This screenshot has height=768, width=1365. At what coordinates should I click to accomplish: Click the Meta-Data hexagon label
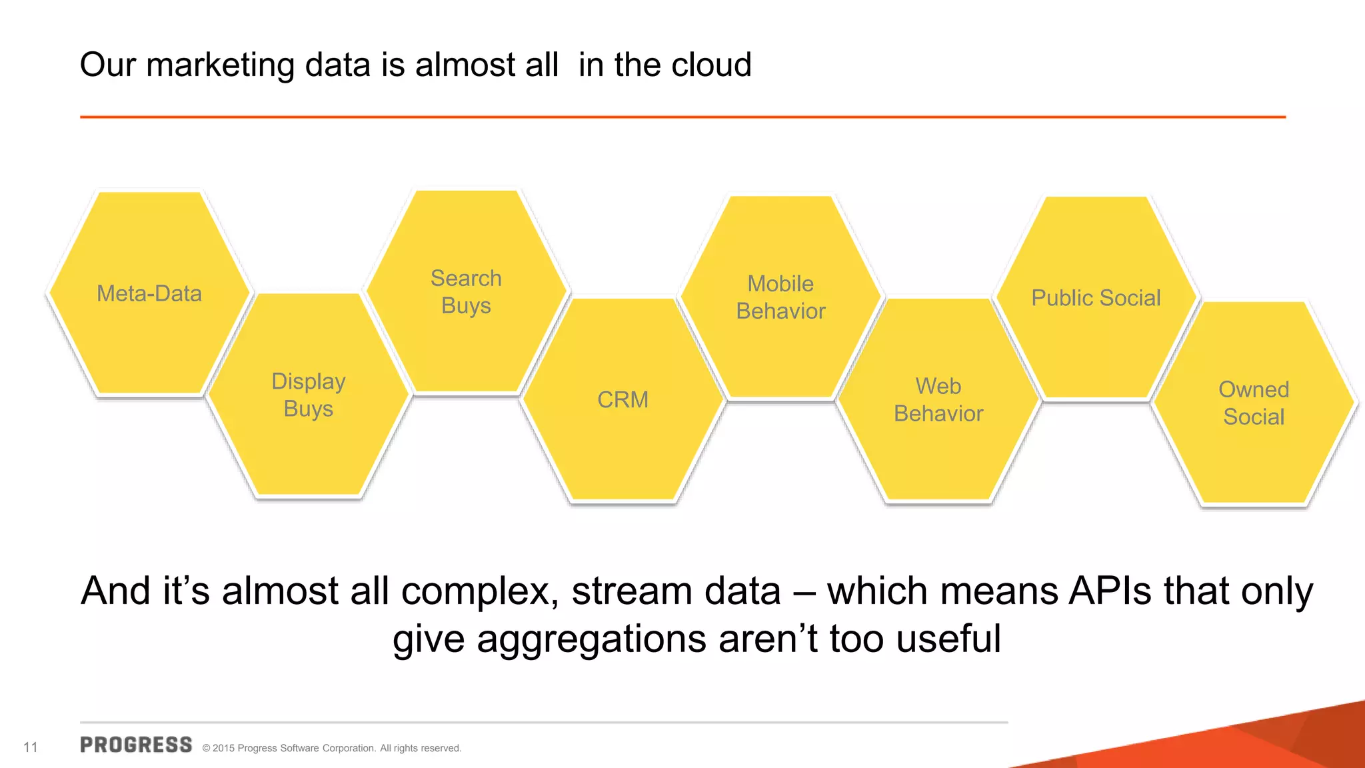149,293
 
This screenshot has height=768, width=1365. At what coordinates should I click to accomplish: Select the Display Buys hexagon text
309,395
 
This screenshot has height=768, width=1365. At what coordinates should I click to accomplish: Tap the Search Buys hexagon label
466,292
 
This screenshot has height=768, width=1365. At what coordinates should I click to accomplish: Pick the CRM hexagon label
623,399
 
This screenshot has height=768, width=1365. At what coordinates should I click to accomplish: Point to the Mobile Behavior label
780,297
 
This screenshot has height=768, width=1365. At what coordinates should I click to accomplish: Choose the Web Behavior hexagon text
938,400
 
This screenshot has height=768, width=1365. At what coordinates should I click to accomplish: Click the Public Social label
1096,298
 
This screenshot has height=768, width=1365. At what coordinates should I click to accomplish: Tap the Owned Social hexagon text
1254,403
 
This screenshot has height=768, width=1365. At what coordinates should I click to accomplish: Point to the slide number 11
31,747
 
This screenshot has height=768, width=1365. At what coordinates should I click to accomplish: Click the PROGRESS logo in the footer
136,745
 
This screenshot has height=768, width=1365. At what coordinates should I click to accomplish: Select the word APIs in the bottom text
1110,591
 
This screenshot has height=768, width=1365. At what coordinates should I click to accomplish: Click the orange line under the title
682,117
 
